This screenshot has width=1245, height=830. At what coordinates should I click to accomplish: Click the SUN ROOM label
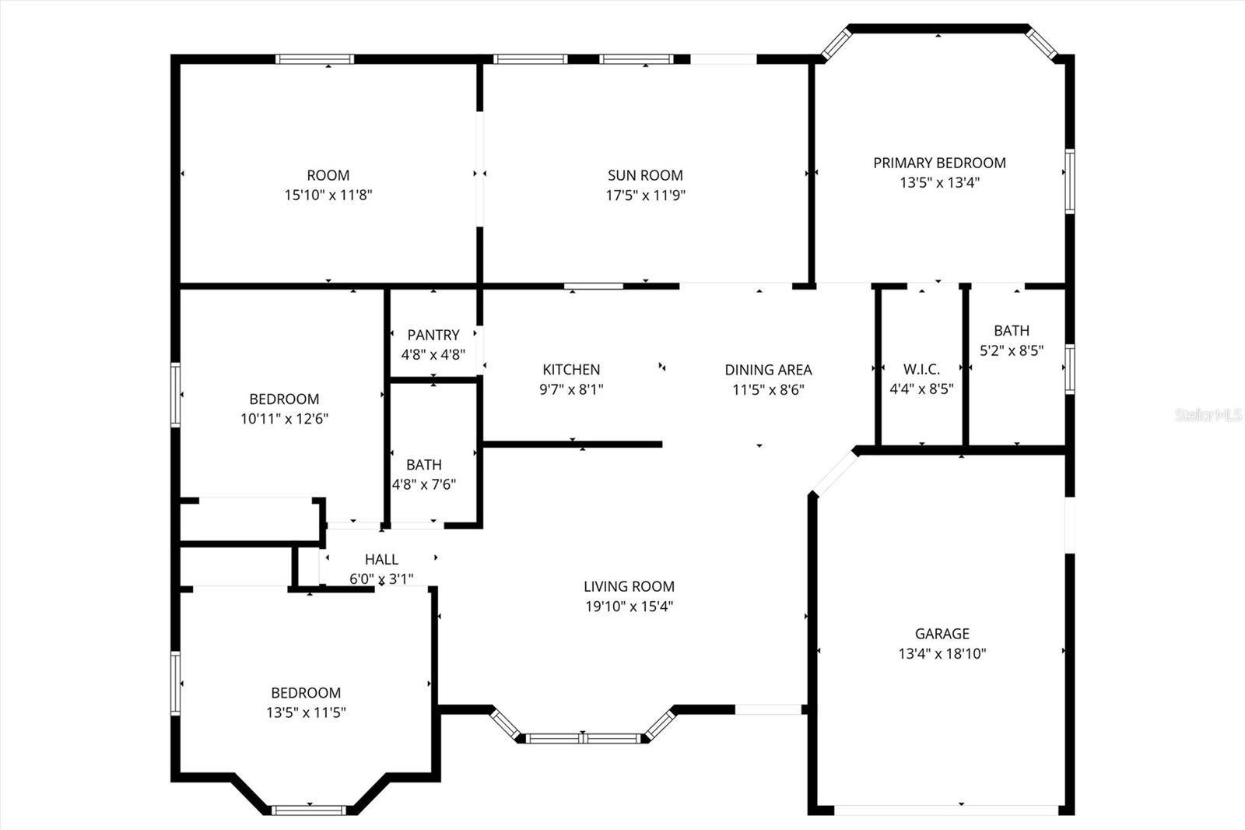coord(645,175)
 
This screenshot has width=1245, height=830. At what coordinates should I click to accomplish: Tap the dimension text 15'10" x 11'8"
coord(328,195)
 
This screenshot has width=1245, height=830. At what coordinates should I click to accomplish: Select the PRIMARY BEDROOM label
coord(939,163)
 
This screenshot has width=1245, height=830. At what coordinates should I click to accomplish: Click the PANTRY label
coord(433,335)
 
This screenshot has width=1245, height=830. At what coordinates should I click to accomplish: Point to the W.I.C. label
coord(921,369)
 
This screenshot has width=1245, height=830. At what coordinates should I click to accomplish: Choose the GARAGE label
coord(942,634)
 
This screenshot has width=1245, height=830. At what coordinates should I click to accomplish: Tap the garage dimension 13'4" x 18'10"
coord(942,654)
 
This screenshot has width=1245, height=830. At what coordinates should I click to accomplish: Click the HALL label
coord(381,559)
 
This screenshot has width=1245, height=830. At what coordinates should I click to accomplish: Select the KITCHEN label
coord(571,369)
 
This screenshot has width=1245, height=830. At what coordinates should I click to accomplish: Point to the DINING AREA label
coord(768,370)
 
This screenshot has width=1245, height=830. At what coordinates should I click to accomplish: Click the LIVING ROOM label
coord(629,586)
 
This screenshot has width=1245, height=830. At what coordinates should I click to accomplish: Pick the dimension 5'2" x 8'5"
coord(1011,350)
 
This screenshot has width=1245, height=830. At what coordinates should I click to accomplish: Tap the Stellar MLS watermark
coord(1208,415)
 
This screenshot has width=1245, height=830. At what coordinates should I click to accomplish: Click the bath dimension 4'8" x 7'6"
coord(423,484)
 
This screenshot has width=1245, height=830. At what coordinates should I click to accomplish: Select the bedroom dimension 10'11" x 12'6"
coord(284,419)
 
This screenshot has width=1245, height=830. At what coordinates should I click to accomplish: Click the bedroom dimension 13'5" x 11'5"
coord(306,712)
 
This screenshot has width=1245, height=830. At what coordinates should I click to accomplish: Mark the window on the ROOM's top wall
coord(315,59)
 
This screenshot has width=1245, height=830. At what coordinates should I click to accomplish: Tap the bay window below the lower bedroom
coord(309,811)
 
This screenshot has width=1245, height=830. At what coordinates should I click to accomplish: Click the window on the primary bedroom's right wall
coord(1070,181)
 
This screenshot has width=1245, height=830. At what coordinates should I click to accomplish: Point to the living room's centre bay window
coord(584,738)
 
